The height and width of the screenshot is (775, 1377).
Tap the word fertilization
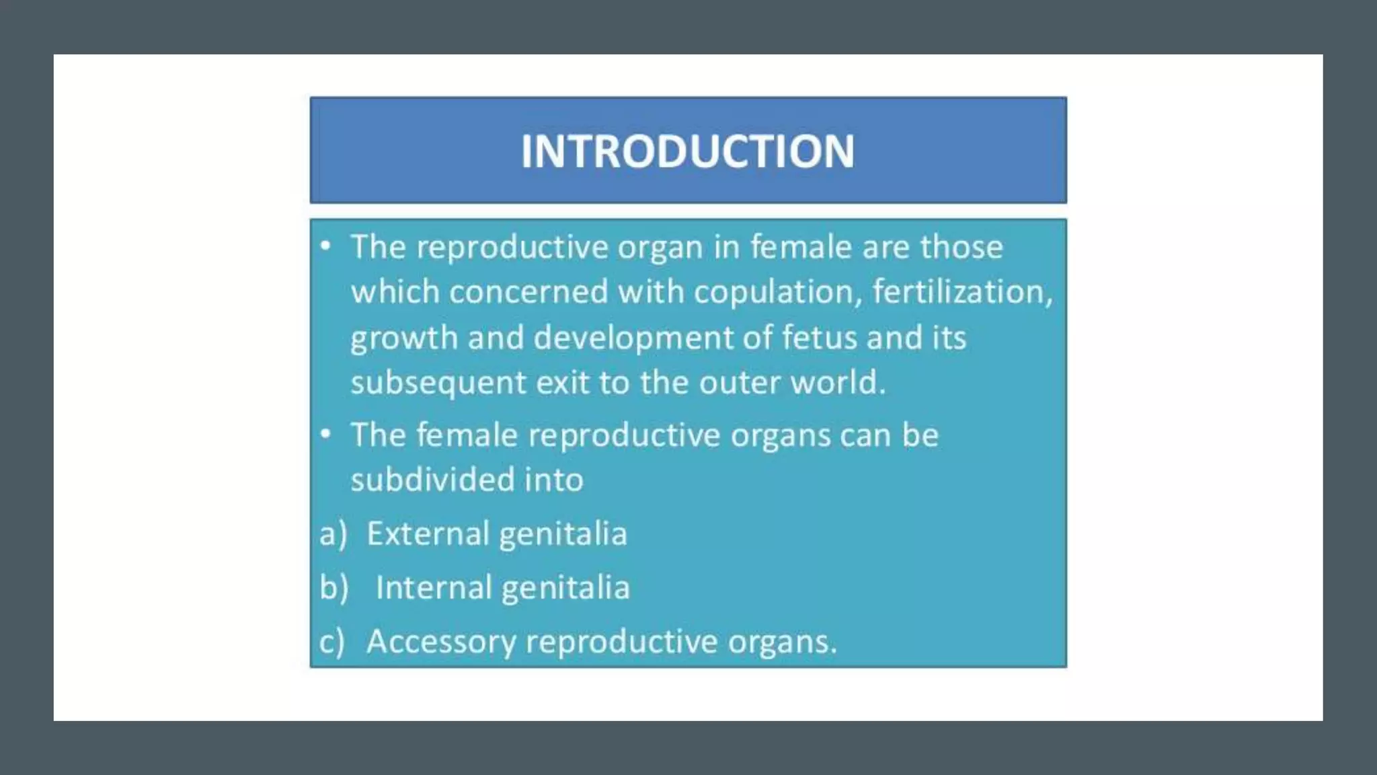pos(961,292)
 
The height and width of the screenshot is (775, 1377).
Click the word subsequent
pos(437,383)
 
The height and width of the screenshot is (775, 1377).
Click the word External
pos(428,533)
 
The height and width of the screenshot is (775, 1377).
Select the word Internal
pos(433,587)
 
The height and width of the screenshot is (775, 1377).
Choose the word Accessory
pos(440,641)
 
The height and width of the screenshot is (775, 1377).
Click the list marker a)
pos(333,534)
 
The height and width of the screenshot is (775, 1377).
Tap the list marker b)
pos(334,587)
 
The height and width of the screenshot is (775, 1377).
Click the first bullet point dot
pos(326,246)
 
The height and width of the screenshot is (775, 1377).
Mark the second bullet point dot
pos(326,434)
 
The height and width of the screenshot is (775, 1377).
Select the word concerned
pos(528,292)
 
